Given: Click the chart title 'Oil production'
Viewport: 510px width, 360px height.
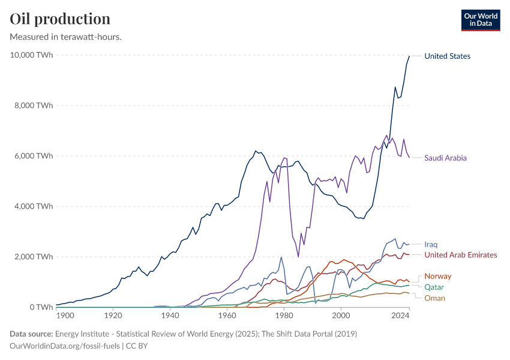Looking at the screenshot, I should (x=60, y=19).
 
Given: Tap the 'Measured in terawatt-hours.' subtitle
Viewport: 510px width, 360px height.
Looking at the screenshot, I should (x=66, y=37).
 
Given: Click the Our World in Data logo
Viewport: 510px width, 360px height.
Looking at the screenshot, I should (x=480, y=20).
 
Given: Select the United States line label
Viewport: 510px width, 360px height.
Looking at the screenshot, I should (x=447, y=56).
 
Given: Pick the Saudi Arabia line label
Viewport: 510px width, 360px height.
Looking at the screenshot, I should (x=445, y=158).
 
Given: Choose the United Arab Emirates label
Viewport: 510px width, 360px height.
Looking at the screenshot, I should (x=460, y=255).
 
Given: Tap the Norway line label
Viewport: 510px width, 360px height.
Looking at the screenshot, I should (x=437, y=276).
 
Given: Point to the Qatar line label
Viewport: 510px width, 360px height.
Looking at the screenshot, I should (x=434, y=287).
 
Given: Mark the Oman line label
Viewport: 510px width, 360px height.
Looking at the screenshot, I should (x=434, y=298).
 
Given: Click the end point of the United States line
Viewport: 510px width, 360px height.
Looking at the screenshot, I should (x=409, y=56).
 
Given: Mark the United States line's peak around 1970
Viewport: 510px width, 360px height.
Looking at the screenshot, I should (x=256, y=151).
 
